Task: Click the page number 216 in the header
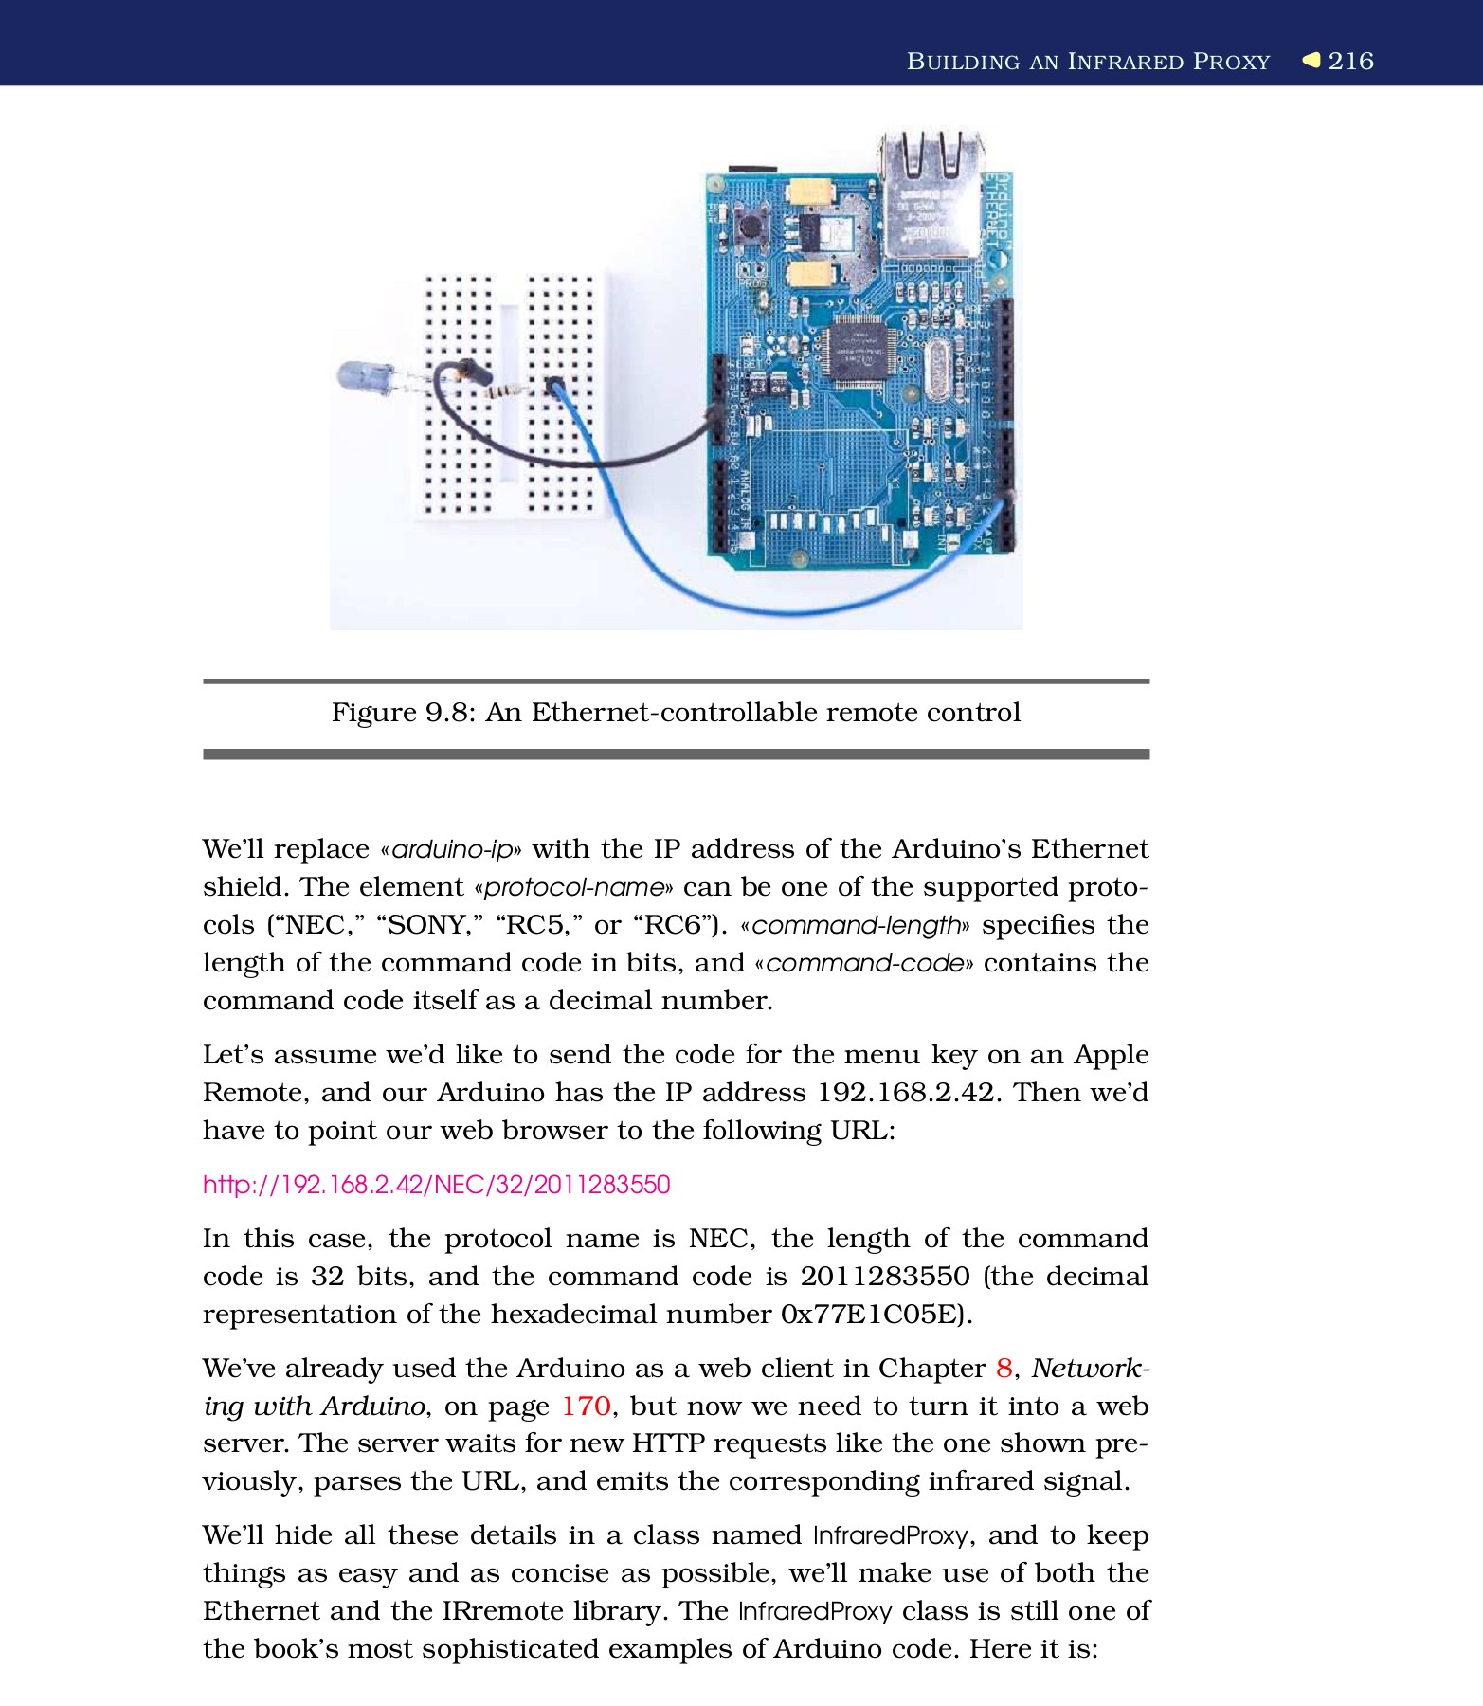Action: (1350, 61)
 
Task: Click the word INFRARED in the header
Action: (1126, 62)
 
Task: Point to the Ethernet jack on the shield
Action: (929, 194)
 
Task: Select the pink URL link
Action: (436, 1185)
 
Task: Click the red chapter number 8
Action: (1004, 1369)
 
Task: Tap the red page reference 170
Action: (586, 1407)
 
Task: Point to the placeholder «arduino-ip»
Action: (450, 849)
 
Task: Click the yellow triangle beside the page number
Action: (1311, 60)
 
